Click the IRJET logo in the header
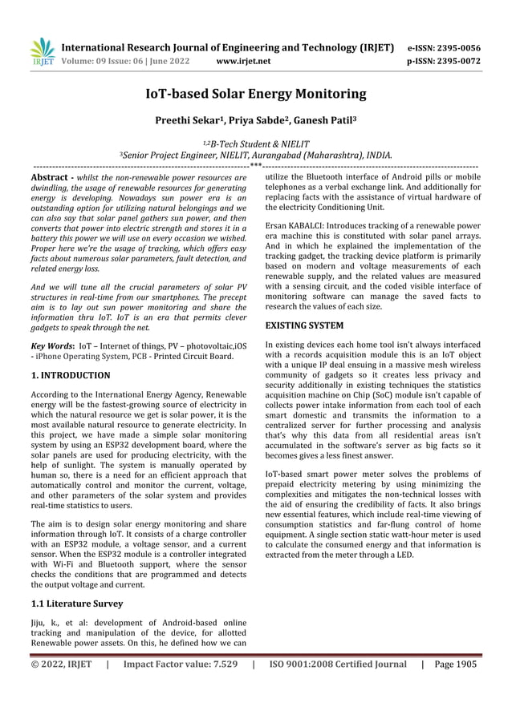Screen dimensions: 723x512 click(42, 52)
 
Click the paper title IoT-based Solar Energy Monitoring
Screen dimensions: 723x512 click(255, 95)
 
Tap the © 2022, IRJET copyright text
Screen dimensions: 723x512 click(61, 664)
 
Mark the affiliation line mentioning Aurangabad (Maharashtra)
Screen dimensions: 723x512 click(255, 155)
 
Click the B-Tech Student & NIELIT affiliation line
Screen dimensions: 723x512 click(255, 143)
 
